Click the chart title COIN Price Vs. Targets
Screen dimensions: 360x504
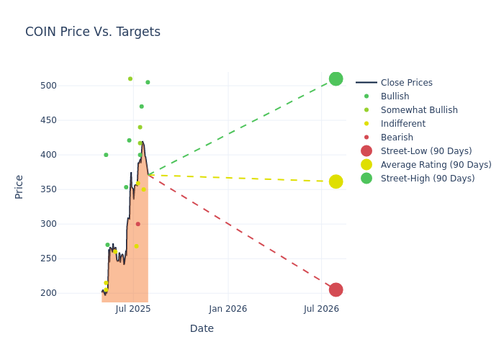point(93,32)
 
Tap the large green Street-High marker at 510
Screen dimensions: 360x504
point(336,78)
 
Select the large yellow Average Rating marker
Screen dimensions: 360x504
point(336,181)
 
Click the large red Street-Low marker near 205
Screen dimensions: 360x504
point(336,289)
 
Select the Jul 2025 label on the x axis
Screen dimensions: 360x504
point(133,309)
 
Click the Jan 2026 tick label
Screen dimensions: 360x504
point(228,309)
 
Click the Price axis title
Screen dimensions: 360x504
point(19,186)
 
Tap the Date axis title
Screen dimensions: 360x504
point(202,328)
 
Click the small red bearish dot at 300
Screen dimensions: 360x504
point(138,224)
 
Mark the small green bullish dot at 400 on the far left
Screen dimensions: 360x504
point(106,155)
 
